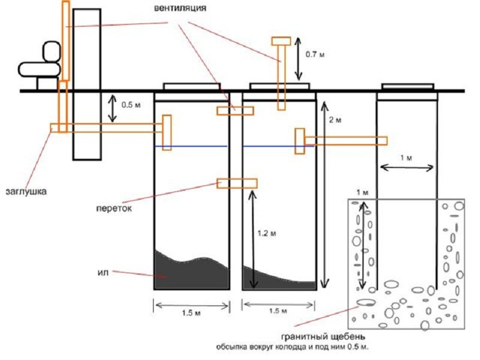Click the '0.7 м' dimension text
pyautogui.click(x=314, y=55)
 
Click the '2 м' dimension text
pyautogui.click(x=335, y=120)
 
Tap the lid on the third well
pyautogui.click(x=407, y=87)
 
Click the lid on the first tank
pyautogui.click(x=191, y=87)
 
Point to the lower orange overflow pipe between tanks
pyautogui.click(x=237, y=182)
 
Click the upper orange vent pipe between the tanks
pyautogui.click(x=235, y=110)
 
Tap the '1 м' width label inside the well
pyautogui.click(x=406, y=157)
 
